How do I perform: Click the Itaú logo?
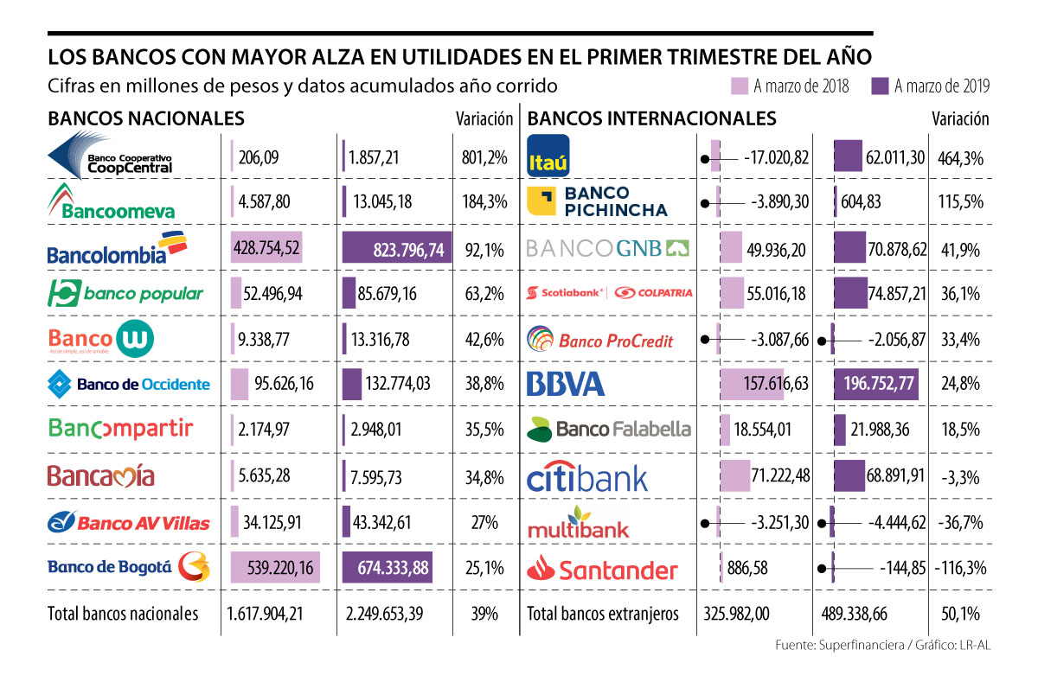(548, 156)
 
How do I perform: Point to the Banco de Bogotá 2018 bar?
(270, 568)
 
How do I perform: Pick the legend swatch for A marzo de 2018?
(740, 86)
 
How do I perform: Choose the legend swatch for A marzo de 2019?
(881, 86)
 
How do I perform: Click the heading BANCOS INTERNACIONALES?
(651, 118)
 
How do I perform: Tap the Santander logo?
(603, 569)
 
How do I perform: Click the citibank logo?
(586, 477)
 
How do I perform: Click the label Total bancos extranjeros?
(603, 614)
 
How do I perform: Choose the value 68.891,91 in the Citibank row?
(890, 476)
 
